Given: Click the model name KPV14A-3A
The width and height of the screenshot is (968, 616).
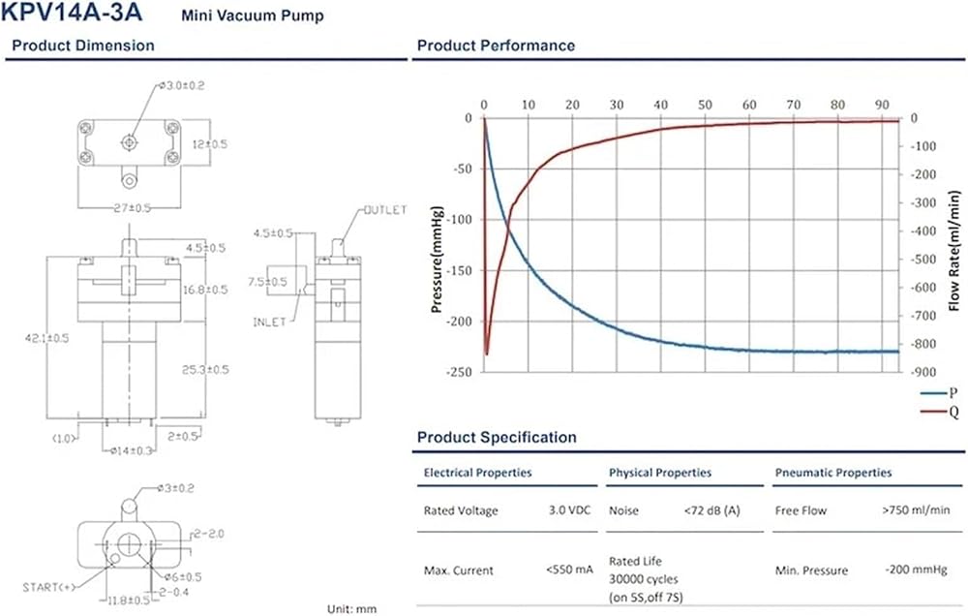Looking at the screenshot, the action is pyautogui.click(x=72, y=13).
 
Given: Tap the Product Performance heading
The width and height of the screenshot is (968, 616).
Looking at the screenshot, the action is pyautogui.click(x=496, y=46).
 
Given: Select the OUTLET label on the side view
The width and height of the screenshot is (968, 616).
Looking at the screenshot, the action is pyautogui.click(x=385, y=210).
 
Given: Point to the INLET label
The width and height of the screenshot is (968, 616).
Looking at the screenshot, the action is pyautogui.click(x=270, y=322).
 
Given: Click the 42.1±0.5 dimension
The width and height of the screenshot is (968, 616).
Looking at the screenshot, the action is pyautogui.click(x=46, y=338).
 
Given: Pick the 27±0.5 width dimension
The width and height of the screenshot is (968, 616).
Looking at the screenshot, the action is pyautogui.click(x=132, y=208).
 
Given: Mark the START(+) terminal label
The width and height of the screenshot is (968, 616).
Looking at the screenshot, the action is pyautogui.click(x=48, y=587).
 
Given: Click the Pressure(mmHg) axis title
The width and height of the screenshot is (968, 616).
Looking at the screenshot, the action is pyautogui.click(x=437, y=260).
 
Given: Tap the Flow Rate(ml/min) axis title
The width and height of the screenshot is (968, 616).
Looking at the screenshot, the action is pyautogui.click(x=954, y=250).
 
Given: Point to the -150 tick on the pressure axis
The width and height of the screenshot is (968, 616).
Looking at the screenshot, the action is pyautogui.click(x=460, y=270).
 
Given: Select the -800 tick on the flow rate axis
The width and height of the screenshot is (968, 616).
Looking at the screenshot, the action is pyautogui.click(x=923, y=344).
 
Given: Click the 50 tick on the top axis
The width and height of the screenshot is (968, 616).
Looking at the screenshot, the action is pyautogui.click(x=705, y=105).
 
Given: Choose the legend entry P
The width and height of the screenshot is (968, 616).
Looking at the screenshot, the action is pyautogui.click(x=938, y=393).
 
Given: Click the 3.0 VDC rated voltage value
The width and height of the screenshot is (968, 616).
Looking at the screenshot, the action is pyautogui.click(x=569, y=510).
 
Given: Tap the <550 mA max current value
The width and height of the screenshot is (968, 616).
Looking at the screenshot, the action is pyautogui.click(x=569, y=570).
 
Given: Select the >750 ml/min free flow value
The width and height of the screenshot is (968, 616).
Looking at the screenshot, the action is pyautogui.click(x=916, y=509).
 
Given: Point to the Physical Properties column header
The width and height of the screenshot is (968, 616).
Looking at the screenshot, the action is pyautogui.click(x=660, y=473).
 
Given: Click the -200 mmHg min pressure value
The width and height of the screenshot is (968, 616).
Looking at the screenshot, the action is pyautogui.click(x=916, y=570).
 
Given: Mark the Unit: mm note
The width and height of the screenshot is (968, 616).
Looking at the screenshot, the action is pyautogui.click(x=351, y=609).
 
